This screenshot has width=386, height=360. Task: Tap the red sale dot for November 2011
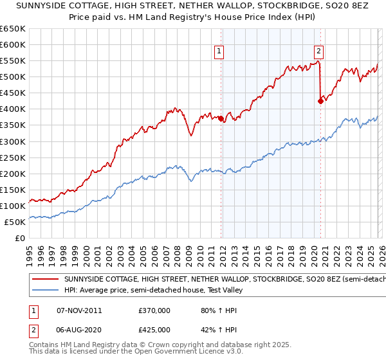pyautogui.click(x=221, y=118)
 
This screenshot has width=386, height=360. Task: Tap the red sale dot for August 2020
pyautogui.click(x=320, y=100)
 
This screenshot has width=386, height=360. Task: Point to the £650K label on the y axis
pyautogui.click(x=13, y=29)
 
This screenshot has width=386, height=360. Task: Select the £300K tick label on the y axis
pyautogui.click(x=13, y=141)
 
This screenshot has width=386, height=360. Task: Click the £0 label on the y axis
pyautogui.click(x=20, y=238)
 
